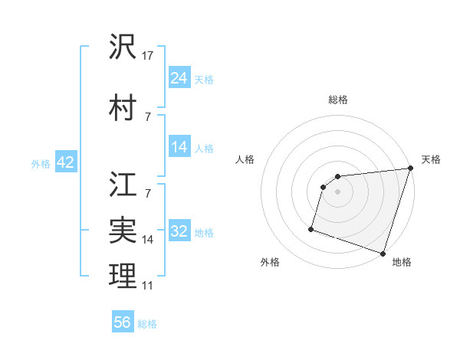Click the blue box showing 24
179,77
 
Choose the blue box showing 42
65,162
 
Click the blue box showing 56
123,322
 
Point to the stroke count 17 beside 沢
148,56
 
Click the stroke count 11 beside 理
148,286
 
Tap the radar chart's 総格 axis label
338,100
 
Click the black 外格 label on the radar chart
270,263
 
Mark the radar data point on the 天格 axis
411,169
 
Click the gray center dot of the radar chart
338,191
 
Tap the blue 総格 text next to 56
147,324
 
